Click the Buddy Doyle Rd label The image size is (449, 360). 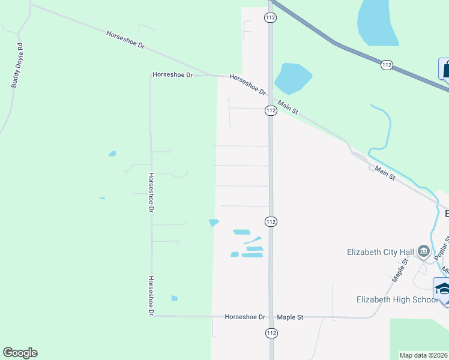(x=17, y=65)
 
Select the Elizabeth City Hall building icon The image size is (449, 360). (x=424, y=251)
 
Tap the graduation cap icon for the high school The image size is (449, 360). (x=442, y=289)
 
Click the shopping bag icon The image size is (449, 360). (x=445, y=69)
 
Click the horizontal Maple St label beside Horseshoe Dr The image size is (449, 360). (x=291, y=317)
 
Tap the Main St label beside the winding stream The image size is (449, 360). (x=385, y=174)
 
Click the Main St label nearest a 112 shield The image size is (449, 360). (x=288, y=107)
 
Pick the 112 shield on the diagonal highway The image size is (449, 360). (x=387, y=64)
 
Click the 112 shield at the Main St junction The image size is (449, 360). (x=271, y=110)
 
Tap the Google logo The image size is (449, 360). (x=20, y=353)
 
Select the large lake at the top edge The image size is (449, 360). (x=378, y=24)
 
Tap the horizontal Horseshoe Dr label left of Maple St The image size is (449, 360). (x=245, y=317)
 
